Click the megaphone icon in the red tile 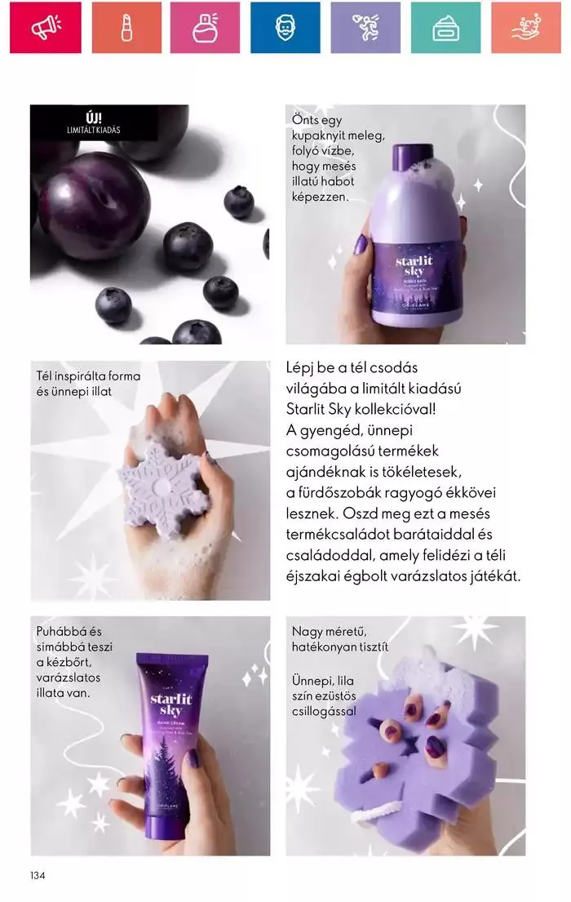(x=45, y=28)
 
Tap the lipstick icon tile (x=126, y=28)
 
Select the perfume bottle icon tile (x=205, y=28)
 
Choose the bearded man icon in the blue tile (x=285, y=28)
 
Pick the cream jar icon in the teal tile (x=445, y=28)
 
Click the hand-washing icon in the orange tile (x=525, y=28)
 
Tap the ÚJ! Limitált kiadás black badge (x=94, y=122)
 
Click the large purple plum (x=94, y=216)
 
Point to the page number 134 (x=38, y=876)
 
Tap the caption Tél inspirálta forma (x=88, y=376)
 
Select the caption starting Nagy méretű (x=334, y=631)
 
